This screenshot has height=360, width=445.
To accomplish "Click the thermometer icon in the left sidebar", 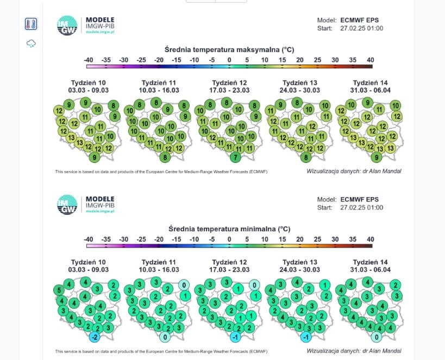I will pos(31,24).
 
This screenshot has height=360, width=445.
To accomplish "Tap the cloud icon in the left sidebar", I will pos(31,43).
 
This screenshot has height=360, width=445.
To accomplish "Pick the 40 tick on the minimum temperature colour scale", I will pos(371,239).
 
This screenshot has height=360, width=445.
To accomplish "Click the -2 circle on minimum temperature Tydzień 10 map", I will pos(95,337).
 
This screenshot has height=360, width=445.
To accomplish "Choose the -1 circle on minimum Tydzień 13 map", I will pos(306,337).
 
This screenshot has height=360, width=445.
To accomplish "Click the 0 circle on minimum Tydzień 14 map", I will pos(377,337).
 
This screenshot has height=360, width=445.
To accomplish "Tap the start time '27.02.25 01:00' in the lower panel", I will pos(361,207).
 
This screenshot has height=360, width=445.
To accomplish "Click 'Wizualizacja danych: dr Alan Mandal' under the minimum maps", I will pos(354,351).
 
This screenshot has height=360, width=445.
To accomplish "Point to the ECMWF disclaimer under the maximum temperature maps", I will pos(161,172).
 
